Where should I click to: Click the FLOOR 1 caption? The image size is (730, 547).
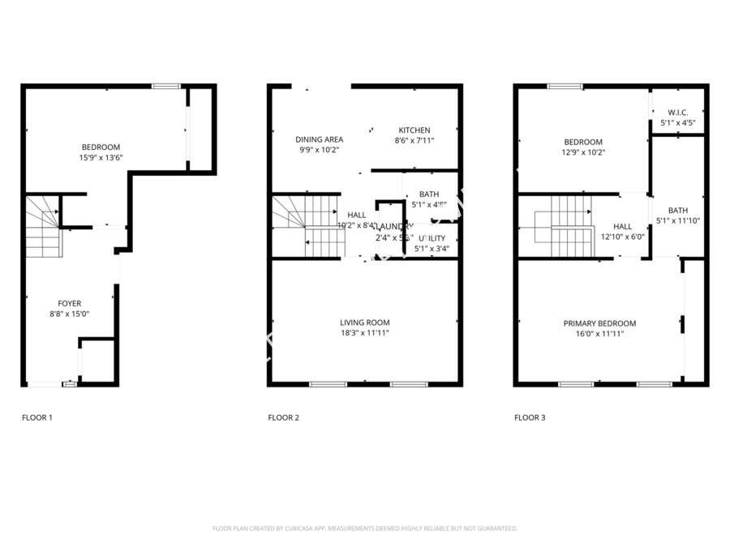tap(36, 418)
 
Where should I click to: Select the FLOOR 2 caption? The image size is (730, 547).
tap(283, 418)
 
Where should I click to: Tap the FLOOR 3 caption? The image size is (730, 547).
tap(530, 418)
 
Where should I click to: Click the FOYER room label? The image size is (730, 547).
tap(69, 304)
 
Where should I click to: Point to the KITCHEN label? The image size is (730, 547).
tap(414, 130)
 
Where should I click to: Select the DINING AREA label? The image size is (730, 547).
tap(319, 139)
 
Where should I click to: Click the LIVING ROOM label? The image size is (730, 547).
tap(364, 323)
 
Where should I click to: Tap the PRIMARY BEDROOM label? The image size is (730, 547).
tap(599, 323)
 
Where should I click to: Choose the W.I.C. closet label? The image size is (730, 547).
tap(678, 113)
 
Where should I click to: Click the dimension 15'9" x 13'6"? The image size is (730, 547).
tap(101, 157)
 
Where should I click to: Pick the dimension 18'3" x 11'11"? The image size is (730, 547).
tap(364, 332)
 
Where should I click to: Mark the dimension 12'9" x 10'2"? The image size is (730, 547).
tap(583, 152)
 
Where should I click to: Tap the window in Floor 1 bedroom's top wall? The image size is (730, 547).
tap(167, 86)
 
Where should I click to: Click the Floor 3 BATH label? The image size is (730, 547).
tap(677, 211)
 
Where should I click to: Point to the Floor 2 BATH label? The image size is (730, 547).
tap(429, 194)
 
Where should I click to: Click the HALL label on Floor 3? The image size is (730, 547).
tap(622, 227)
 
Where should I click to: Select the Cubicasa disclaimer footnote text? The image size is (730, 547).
tap(364, 528)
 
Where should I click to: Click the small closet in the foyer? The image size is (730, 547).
tap(97, 361)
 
